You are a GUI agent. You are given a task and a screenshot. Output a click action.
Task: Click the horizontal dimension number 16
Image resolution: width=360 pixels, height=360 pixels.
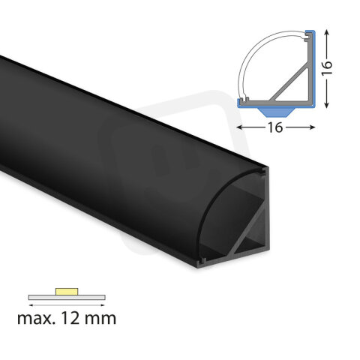[x=274, y=127]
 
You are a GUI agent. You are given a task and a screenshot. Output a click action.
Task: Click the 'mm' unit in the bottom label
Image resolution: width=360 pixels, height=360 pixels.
[x=103, y=319]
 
